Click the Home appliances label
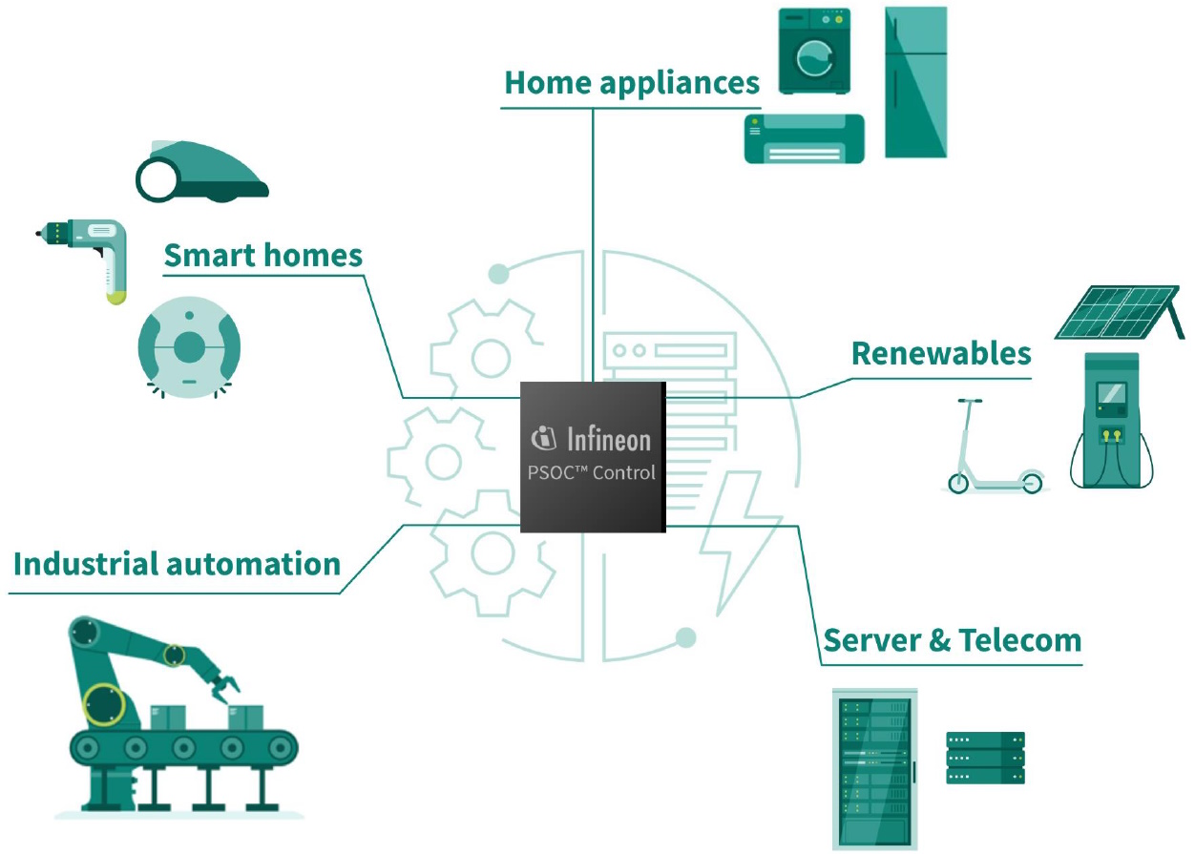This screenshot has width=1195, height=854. pos(631,83)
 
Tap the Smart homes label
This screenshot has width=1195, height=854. pos(263,256)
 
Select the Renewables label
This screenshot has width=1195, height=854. pos(941,353)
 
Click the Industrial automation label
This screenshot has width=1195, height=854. pos(177,563)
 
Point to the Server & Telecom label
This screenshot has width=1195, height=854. pos(952,639)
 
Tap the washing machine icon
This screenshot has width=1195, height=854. pos(813,52)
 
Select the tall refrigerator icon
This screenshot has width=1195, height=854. pos(915,82)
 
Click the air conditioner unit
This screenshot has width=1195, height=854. pos(804,138)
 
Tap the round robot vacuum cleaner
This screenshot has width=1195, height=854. pos(189,347)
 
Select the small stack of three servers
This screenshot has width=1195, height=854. pos(985,758)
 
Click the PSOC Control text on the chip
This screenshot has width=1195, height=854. pos(592,472)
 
